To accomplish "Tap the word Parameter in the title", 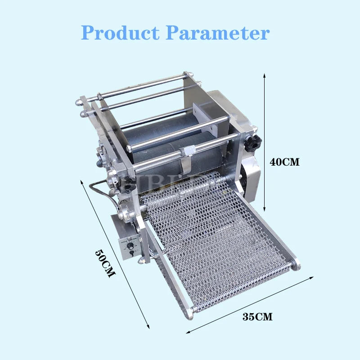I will tap(218, 32).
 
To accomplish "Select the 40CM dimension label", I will tap(284, 161).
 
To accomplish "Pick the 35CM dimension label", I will tap(257, 316).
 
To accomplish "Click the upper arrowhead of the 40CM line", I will tap(265, 75).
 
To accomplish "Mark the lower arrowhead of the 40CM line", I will tap(265, 210).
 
